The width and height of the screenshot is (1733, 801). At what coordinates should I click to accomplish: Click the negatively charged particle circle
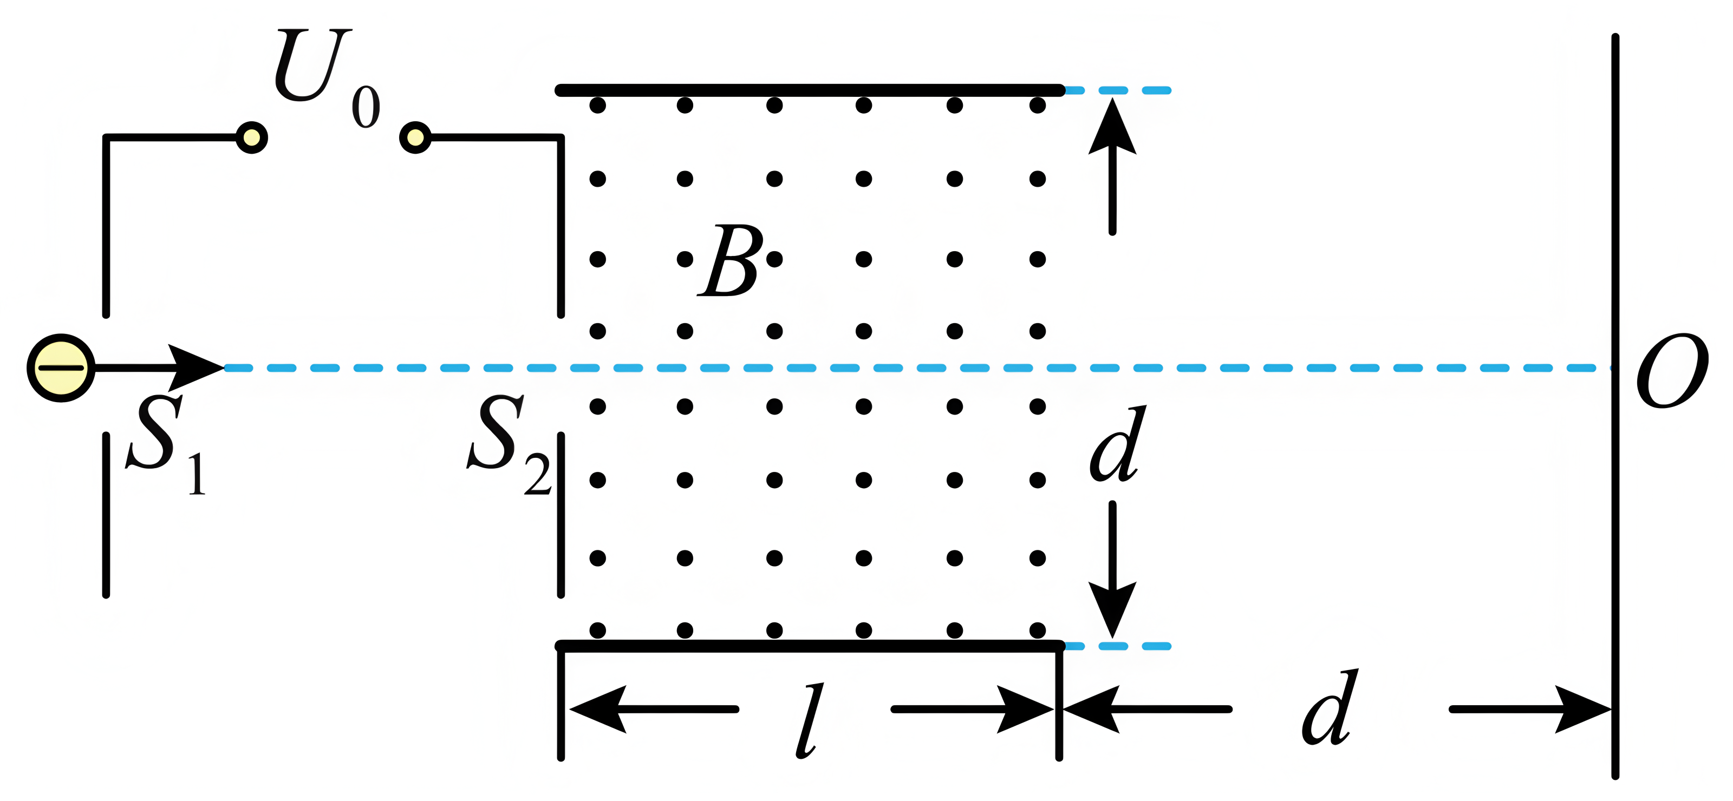pos(61,368)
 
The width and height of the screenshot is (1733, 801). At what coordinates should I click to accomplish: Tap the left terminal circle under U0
pos(252,138)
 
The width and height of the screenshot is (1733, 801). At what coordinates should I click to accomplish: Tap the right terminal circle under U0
pos(415,138)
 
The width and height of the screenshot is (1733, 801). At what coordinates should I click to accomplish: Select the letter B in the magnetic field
pos(731,261)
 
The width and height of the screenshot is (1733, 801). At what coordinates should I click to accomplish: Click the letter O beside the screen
pos(1672,371)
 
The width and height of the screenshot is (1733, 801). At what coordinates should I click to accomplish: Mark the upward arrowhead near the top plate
pos(1112,128)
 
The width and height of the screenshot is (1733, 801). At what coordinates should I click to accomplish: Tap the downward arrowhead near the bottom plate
pos(1112,609)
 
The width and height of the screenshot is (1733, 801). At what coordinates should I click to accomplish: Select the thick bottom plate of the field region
pos(807,646)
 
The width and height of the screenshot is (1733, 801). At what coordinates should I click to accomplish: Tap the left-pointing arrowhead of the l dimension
pos(599,709)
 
